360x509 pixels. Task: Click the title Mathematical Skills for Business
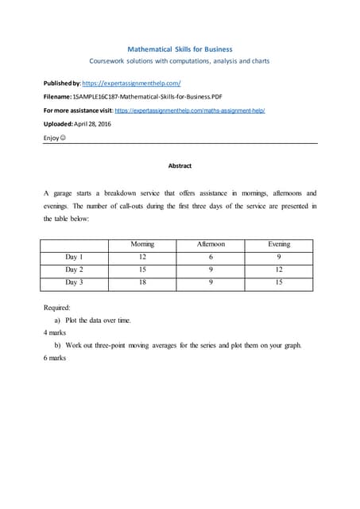pyautogui.click(x=180, y=49)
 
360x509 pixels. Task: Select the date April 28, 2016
pyautogui.click(x=103, y=125)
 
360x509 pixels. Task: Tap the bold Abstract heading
pyautogui.click(x=180, y=165)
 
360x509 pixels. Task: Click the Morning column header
pyautogui.click(x=142, y=244)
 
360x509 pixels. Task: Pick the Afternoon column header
pyautogui.click(x=211, y=244)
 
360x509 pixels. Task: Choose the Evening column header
pyautogui.click(x=279, y=244)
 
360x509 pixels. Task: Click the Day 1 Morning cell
pyautogui.click(x=142, y=257)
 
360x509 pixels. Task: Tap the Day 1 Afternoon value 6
pyautogui.click(x=211, y=257)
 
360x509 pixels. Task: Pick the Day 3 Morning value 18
pyautogui.click(x=142, y=282)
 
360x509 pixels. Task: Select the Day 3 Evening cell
pyautogui.click(x=279, y=282)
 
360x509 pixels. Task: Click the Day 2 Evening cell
pyautogui.click(x=279, y=270)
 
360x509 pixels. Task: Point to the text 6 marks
pyautogui.click(x=55, y=358)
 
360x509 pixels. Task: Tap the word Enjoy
pyautogui.click(x=52, y=139)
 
